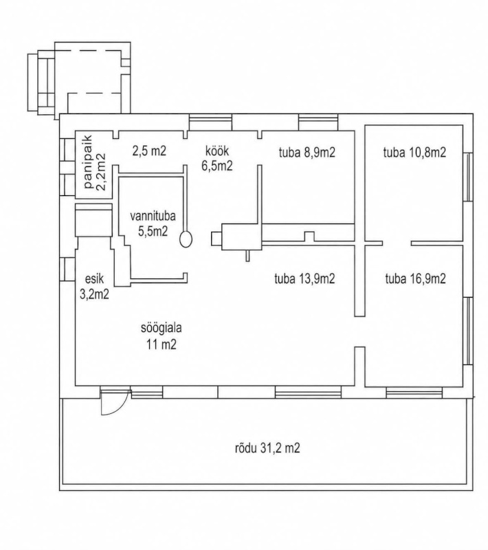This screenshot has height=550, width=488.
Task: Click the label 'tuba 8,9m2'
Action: (307, 153)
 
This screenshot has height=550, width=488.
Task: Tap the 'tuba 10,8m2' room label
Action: (414, 153)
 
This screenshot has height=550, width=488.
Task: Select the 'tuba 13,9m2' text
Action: (304, 279)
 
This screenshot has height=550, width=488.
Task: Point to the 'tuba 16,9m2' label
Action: (415, 279)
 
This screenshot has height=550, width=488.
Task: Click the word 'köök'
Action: (217, 151)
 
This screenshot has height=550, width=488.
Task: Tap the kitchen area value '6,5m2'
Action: (217, 166)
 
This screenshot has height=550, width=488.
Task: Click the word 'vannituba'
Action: (153, 216)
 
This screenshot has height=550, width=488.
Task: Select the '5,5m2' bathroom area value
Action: (153, 231)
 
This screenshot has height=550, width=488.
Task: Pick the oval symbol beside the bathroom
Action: (186, 239)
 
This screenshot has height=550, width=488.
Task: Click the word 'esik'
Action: (94, 279)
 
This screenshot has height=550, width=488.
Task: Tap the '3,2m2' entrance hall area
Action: (94, 294)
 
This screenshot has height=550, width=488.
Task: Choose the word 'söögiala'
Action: (161, 329)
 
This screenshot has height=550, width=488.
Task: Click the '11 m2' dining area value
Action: (161, 345)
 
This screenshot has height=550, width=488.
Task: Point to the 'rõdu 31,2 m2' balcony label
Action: (267, 448)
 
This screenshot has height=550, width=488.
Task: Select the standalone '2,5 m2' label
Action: (149, 151)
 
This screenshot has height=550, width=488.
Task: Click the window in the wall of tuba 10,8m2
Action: (468, 177)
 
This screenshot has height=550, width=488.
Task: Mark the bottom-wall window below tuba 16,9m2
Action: (414, 392)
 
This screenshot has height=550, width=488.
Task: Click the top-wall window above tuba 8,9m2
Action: (318, 122)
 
